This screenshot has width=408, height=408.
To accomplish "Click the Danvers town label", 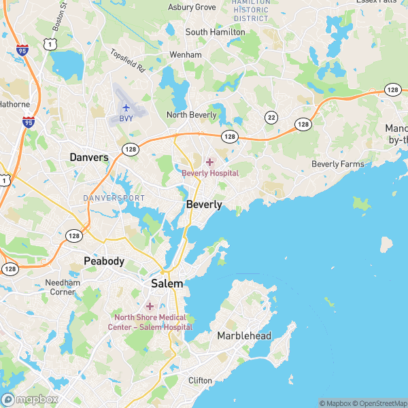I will [x=89, y=157].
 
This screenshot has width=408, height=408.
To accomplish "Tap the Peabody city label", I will [x=104, y=261].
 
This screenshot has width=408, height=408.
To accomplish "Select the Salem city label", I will [x=167, y=284].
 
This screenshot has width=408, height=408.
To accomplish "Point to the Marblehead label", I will [x=244, y=336].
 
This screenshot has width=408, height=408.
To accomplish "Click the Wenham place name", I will [x=186, y=54].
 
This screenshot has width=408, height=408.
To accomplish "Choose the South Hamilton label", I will [x=216, y=32].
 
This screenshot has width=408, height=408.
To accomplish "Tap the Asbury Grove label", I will [x=192, y=7].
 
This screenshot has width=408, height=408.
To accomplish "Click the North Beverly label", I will [x=192, y=115].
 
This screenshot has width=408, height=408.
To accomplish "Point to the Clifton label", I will [x=200, y=380].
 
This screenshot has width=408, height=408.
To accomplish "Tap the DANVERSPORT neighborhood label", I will [x=114, y=198].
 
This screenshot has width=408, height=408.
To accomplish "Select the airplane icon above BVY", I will [x=126, y=107].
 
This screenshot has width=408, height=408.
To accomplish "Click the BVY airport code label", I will [x=126, y=119].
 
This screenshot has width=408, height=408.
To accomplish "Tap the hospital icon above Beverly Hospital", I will [x=209, y=162].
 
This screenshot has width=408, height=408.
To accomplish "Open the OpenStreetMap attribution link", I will [x=375, y=403].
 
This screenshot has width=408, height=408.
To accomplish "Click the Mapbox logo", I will [x=30, y=400].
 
